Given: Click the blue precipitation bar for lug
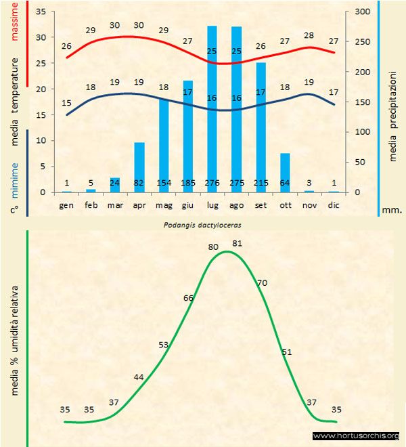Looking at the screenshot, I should click(x=212, y=108).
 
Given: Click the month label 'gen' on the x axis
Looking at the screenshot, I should click(x=66, y=204).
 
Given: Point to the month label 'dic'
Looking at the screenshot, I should click(x=334, y=204).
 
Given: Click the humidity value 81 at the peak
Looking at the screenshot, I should click(x=236, y=244).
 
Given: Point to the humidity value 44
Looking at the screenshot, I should click(x=139, y=377).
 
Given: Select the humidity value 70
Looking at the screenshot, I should click(x=263, y=282).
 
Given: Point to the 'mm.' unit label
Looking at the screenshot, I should click(x=392, y=210).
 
